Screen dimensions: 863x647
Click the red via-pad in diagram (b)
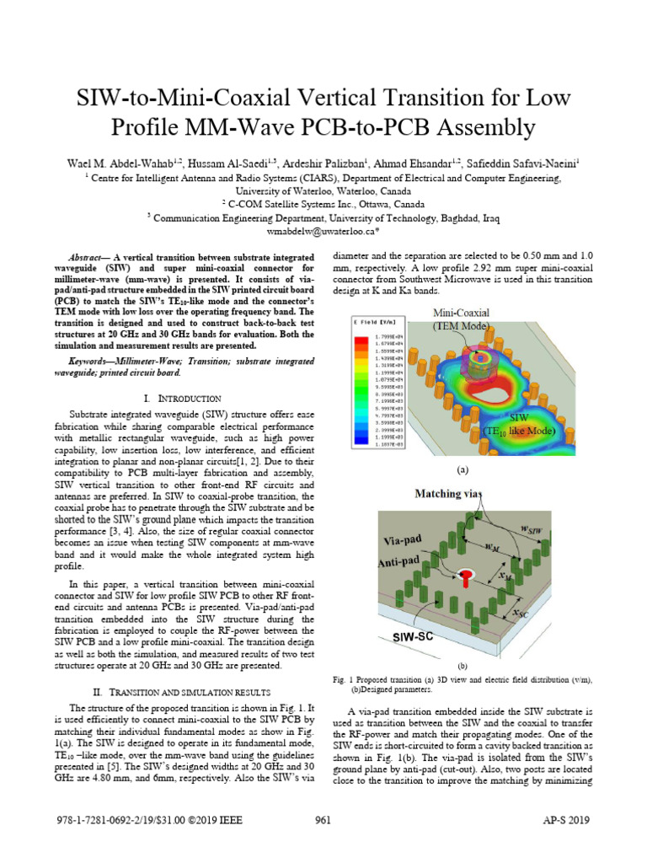tap(464, 576)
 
